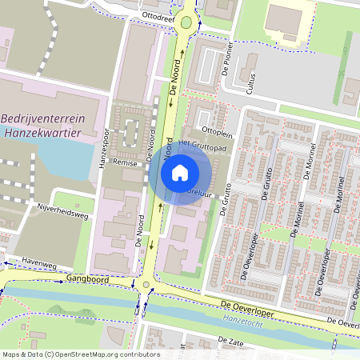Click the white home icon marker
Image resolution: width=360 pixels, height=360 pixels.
point(180,172)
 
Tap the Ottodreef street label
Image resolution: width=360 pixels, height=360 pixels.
point(157,14)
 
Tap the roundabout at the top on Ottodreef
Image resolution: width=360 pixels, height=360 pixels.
point(186,22)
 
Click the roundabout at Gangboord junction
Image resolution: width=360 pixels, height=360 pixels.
point(145,284)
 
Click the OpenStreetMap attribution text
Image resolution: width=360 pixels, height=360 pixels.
point(80,354)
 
